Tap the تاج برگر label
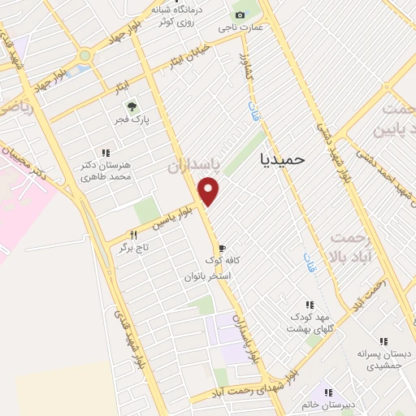pyautogui.click(x=136, y=247)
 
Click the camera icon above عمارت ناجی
pyautogui.click(x=240, y=15)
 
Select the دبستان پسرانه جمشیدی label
pyautogui.click(x=383, y=361)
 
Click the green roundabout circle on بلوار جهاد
pyautogui.click(x=84, y=55)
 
